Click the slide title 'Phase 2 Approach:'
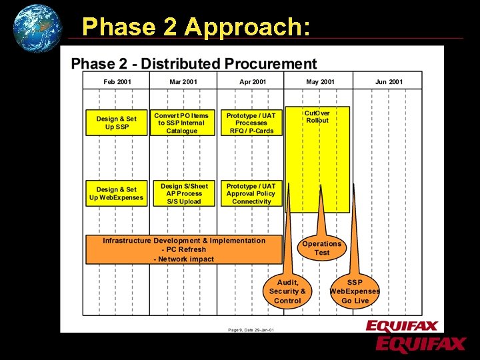[195, 27]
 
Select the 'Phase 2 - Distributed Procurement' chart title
[194, 64]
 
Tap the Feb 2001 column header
[117, 81]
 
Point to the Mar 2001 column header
[183, 81]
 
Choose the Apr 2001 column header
[253, 81]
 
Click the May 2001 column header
[320, 81]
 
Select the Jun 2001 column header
[389, 81]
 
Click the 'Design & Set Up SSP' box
[117, 123]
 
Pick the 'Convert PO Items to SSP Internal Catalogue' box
[182, 123]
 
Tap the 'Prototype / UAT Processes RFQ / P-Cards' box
[251, 123]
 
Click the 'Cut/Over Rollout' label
[317, 117]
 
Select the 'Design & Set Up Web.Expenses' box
[117, 193]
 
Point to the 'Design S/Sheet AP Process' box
[184, 193]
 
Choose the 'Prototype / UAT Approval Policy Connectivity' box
[251, 193]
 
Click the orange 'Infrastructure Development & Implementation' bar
[184, 249]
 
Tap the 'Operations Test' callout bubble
[321, 248]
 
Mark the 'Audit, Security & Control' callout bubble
[287, 291]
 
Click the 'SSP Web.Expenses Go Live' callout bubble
[355, 291]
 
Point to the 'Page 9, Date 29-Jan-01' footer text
[251, 329]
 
